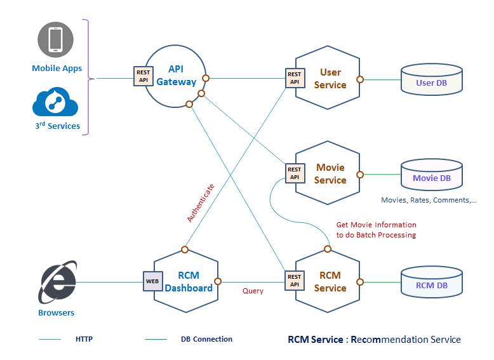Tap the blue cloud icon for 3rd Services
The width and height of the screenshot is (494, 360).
click(x=57, y=102)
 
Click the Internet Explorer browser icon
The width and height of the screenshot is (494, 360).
click(x=58, y=281)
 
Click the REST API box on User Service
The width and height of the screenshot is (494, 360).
click(x=295, y=77)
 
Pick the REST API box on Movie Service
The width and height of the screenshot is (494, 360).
click(x=294, y=173)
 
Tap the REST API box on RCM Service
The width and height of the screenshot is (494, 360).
click(x=294, y=281)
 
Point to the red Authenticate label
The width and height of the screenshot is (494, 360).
click(x=201, y=203)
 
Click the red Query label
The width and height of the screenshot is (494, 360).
click(x=253, y=291)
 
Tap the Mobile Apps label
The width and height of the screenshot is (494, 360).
click(x=57, y=69)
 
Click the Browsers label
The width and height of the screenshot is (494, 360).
click(x=57, y=312)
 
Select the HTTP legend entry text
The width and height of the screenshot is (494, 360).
click(x=84, y=339)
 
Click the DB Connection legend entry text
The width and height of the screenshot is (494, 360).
click(x=206, y=339)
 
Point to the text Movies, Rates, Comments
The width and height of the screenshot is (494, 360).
click(x=428, y=200)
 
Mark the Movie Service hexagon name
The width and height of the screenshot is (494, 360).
click(x=330, y=173)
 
